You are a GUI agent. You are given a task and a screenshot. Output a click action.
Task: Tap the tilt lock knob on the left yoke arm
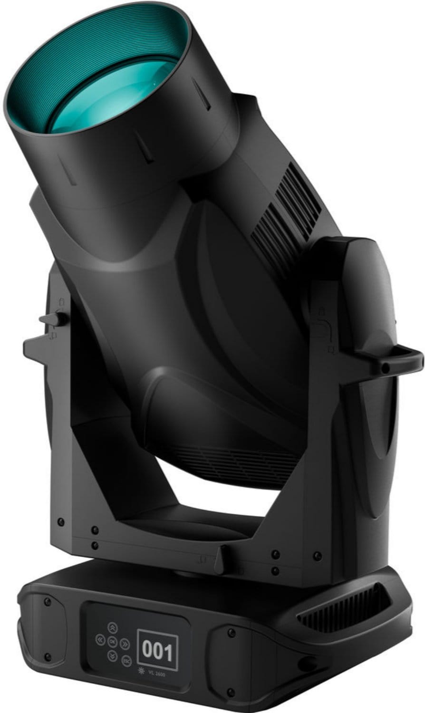(52, 319)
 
